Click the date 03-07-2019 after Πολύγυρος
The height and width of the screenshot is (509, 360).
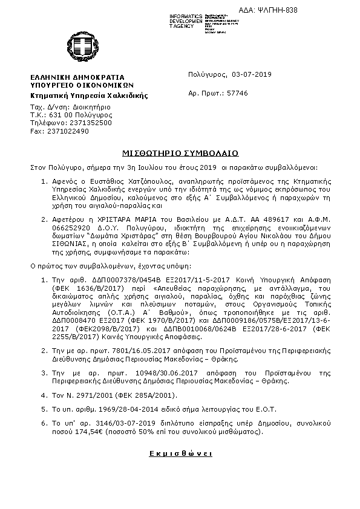pyautogui.click(x=252, y=75)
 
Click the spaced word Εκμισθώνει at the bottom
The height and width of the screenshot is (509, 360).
pyautogui.click(x=180, y=453)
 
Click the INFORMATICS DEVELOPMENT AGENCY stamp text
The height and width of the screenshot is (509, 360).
pyautogui.click(x=187, y=19)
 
